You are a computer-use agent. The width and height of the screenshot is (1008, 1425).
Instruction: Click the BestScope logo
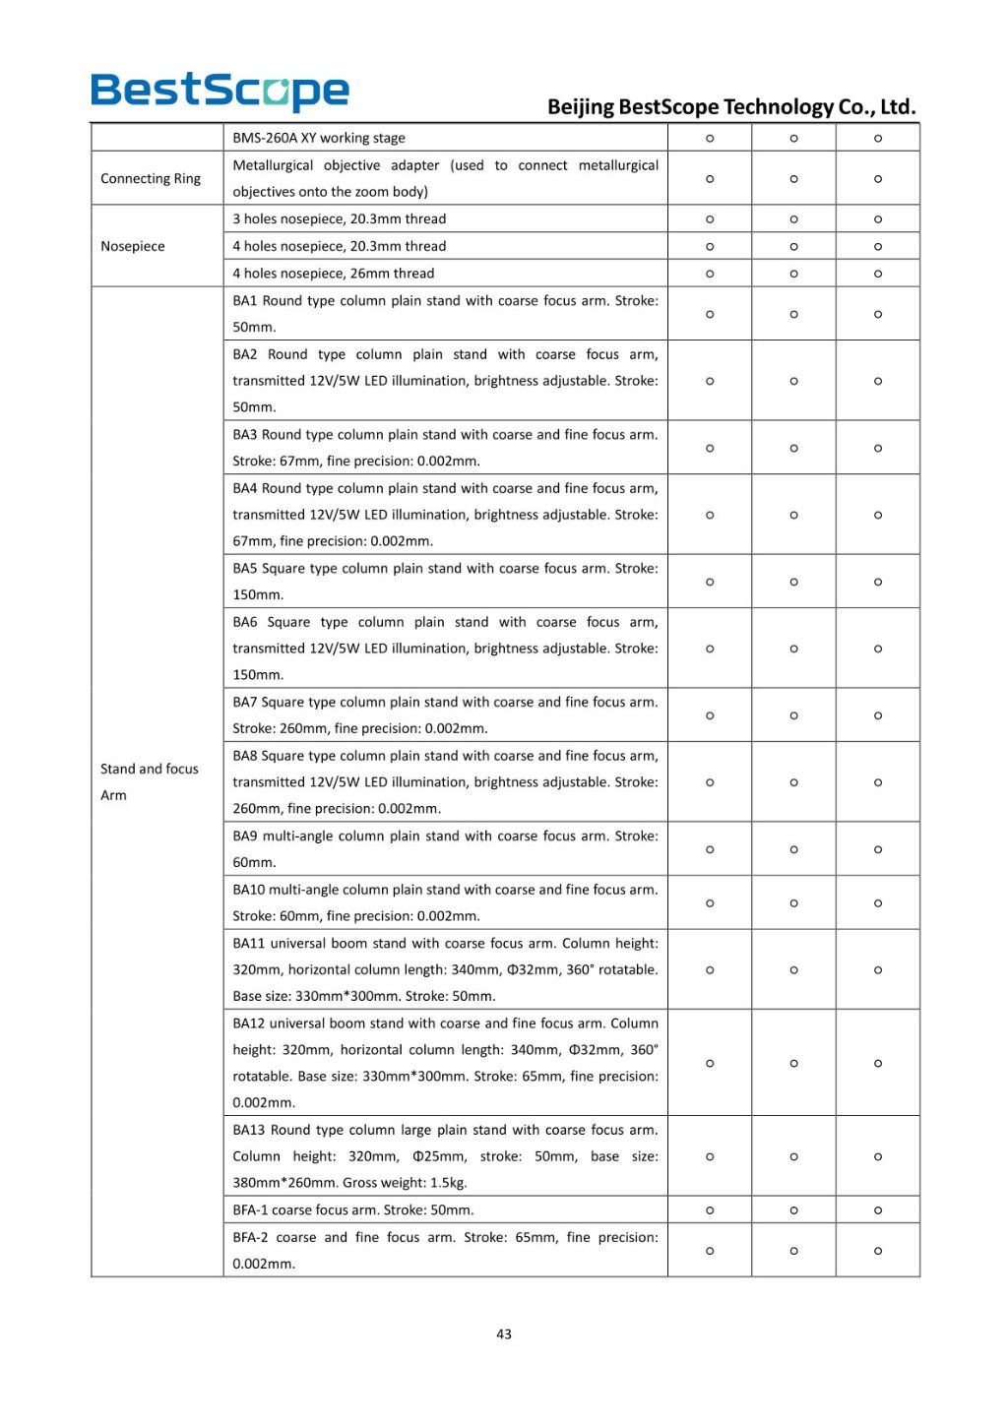[x=220, y=92]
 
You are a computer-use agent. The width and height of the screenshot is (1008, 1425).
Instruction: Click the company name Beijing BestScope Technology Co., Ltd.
[x=731, y=106]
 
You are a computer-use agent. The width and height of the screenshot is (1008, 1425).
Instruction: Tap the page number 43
[x=504, y=1334]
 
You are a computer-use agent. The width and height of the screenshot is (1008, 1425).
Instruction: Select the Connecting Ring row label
[x=151, y=178]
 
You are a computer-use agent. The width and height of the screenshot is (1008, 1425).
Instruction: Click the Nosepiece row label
[x=133, y=246]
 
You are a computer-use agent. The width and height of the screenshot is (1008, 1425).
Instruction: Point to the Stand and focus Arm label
[x=150, y=781]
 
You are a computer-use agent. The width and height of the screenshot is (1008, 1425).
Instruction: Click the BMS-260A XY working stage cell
[x=319, y=138]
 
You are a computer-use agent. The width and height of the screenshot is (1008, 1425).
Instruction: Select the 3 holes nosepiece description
[x=340, y=218]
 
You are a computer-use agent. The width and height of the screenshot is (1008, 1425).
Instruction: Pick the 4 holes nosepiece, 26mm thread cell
[x=334, y=274]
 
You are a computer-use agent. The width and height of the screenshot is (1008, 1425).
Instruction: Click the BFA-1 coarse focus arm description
[x=353, y=1209]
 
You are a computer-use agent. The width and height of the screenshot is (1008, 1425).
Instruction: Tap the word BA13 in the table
[x=249, y=1130]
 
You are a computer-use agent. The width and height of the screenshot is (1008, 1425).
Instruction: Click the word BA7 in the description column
[x=245, y=702]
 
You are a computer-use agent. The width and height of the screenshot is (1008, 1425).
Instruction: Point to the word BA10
[x=249, y=890]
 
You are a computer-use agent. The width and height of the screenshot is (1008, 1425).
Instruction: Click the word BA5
[x=245, y=568]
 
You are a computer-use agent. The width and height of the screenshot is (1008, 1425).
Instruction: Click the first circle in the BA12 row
[x=710, y=1063]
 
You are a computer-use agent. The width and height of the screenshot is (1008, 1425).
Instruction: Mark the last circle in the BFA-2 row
[x=878, y=1251]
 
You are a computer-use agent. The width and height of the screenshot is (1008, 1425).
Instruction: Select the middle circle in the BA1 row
[x=793, y=314]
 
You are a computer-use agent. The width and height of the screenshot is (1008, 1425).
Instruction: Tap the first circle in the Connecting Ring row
[x=710, y=179]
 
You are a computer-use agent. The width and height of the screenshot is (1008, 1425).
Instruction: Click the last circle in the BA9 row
[x=878, y=849]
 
